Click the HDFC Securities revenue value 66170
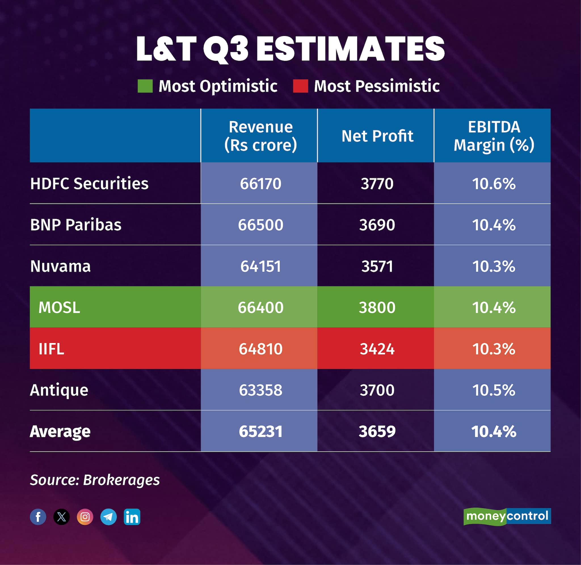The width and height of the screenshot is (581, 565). [260, 184]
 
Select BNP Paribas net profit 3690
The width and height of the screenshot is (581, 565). [377, 225]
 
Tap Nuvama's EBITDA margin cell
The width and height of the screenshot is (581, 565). [493, 266]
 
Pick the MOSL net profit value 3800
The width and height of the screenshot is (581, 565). [377, 307]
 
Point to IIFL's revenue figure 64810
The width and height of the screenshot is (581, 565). [260, 349]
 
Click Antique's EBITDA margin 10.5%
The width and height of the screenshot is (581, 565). [493, 390]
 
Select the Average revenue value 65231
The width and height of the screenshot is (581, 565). [260, 431]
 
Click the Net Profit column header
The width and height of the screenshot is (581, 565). [377, 136]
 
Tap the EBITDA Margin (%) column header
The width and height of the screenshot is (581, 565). [493, 136]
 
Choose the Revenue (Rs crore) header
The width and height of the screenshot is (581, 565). [260, 136]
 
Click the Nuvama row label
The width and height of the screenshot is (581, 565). [60, 266]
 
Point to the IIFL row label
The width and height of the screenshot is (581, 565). [51, 349]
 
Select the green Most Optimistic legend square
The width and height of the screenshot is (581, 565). [145, 86]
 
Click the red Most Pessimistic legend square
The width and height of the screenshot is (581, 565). [300, 86]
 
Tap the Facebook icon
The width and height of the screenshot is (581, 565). [38, 517]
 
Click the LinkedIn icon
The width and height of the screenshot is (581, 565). [132, 517]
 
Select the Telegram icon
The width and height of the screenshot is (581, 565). [108, 517]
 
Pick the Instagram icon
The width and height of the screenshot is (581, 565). [85, 517]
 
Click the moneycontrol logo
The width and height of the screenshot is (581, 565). [507, 516]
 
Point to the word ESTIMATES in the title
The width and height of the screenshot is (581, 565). [350, 49]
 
